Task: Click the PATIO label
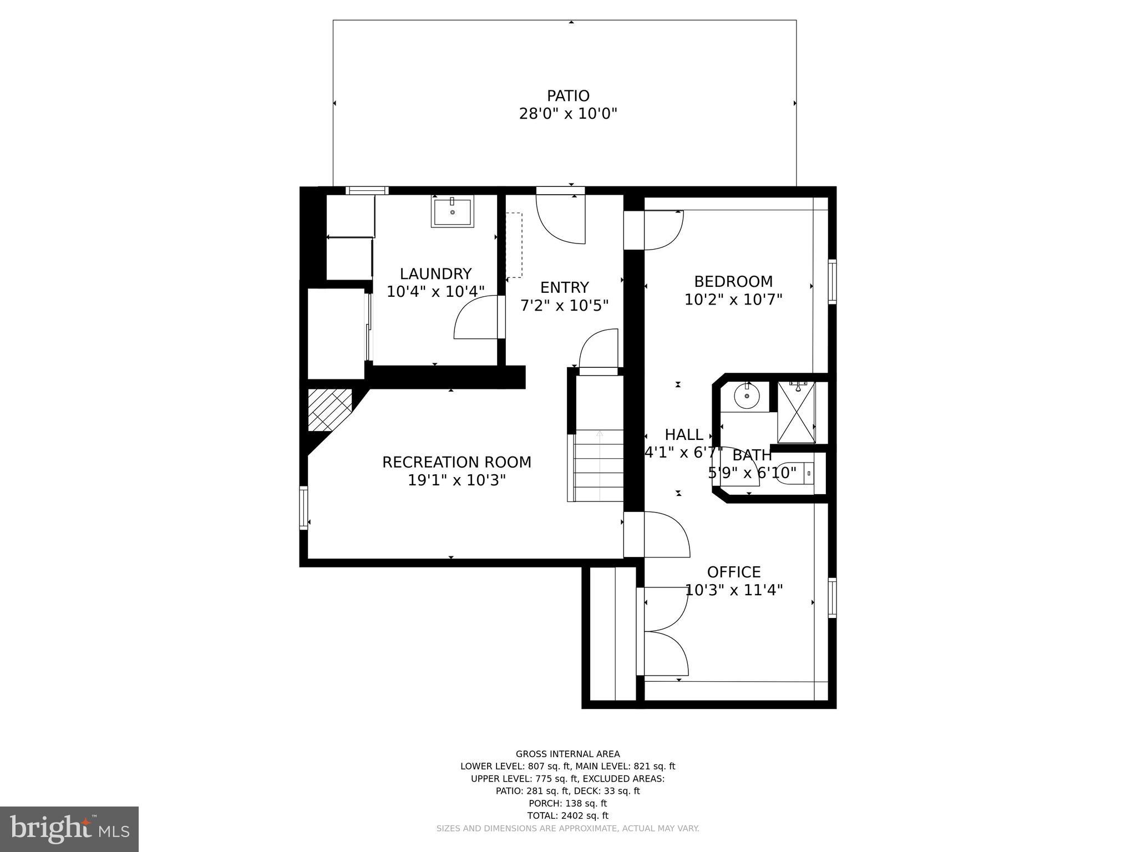point(568,96)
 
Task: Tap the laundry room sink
point(453,211)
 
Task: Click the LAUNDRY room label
point(435,273)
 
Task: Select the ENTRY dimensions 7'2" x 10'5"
point(565,306)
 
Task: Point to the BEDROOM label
point(733,281)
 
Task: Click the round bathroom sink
point(746,396)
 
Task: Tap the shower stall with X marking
point(797,412)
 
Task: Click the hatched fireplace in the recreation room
point(330,409)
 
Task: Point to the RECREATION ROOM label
point(457,462)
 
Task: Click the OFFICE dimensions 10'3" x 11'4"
point(734,590)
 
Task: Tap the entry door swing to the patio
point(560,219)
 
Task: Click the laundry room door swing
point(477,318)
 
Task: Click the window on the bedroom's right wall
point(832,282)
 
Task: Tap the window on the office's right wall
point(832,597)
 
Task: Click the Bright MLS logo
point(69,829)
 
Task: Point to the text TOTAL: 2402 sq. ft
point(567,815)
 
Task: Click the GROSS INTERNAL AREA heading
point(567,754)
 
